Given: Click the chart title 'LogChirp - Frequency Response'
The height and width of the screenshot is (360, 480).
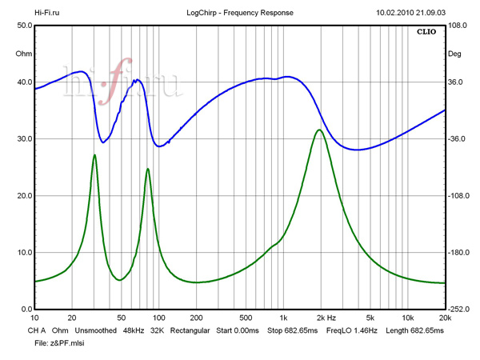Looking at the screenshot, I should pyautogui.click(x=240, y=13).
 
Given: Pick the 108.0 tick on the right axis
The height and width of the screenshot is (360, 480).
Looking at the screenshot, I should pyautogui.click(x=458, y=26).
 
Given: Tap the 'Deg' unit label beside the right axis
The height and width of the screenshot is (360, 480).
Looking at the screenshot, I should pyautogui.click(x=454, y=54).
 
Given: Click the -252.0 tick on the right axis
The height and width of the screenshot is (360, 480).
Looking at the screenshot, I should pyautogui.click(x=458, y=310).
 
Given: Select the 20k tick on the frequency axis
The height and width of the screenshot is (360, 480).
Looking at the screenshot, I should pyautogui.click(x=444, y=318).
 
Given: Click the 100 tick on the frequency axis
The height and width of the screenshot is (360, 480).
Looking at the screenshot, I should pyautogui.click(x=158, y=318).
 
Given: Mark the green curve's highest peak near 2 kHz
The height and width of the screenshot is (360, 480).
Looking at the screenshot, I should pyautogui.click(x=319, y=130).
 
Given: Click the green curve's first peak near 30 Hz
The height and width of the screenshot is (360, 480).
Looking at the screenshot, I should pyautogui.click(x=94, y=155).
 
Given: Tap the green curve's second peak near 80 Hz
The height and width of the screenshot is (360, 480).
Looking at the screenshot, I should pyautogui.click(x=147, y=169).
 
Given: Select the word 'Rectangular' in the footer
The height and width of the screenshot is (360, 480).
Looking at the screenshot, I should pyautogui.click(x=189, y=330).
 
